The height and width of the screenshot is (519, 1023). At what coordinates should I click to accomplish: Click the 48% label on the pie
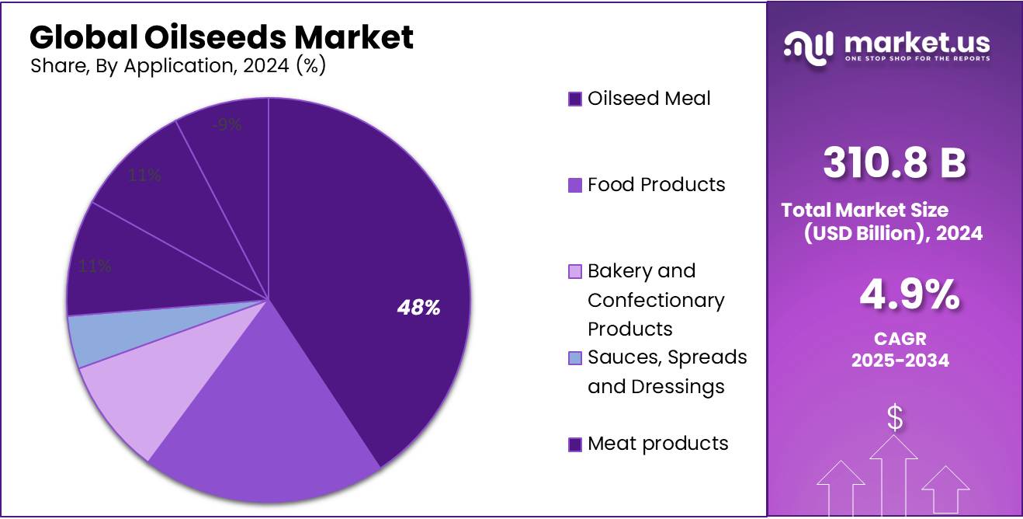tap(418, 308)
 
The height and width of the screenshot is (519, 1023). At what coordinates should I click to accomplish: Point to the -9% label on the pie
tap(228, 124)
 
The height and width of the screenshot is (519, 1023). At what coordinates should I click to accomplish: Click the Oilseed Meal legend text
tap(649, 99)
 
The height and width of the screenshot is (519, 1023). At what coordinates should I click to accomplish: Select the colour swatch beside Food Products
tap(575, 186)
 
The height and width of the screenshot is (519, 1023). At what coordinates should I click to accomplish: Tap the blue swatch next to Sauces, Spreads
tap(575, 358)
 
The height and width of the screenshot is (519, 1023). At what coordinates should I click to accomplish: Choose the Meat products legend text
tap(657, 444)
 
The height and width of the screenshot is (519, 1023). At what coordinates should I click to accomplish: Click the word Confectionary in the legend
tap(656, 300)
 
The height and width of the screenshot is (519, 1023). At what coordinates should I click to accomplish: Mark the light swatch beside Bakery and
tap(575, 272)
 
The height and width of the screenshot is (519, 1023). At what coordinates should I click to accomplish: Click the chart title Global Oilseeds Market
tap(221, 37)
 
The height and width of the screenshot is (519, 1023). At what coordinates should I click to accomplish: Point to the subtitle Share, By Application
tap(178, 66)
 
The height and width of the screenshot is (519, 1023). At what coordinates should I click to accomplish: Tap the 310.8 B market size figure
tap(894, 163)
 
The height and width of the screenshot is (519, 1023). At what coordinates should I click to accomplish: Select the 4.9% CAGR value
tap(909, 296)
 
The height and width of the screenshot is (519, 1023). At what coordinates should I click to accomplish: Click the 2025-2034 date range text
tap(900, 361)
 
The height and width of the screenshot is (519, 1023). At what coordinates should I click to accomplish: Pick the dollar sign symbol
tap(895, 419)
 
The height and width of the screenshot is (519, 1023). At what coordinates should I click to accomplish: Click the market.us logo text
tap(916, 43)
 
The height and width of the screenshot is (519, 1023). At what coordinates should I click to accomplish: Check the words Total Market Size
tap(865, 210)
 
